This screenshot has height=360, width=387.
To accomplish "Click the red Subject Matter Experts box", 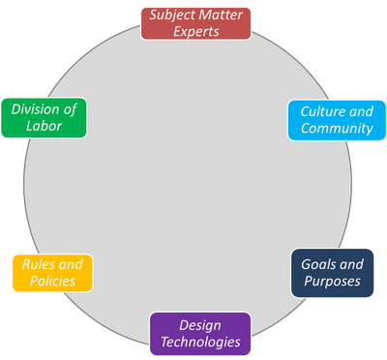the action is (195, 24).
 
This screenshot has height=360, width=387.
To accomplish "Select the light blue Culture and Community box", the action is (337, 120).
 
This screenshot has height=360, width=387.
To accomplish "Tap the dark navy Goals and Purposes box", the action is (332, 273).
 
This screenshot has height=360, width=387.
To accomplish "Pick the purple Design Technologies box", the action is (200, 334).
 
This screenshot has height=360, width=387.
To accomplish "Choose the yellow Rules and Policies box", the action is (52, 273).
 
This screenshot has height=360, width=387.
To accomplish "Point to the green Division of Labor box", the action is (44, 118).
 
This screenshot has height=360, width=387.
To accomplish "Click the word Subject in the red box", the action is (172, 15).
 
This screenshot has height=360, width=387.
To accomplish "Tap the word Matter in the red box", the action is (221, 15).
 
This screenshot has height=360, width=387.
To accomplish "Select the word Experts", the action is (196, 32).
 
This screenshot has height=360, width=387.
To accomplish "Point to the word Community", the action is (337, 129).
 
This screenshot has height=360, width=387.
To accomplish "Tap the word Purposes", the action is (332, 281).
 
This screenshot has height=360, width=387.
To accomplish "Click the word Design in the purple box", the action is (200, 325).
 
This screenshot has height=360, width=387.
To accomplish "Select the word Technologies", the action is (200, 342).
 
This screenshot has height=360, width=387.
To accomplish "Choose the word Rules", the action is (39, 264).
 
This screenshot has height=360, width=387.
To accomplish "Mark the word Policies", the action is (52, 281).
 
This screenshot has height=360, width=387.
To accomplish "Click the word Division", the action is (35, 109).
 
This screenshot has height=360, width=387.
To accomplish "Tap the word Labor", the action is (44, 126).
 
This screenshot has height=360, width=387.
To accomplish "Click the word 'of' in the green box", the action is (70, 109).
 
